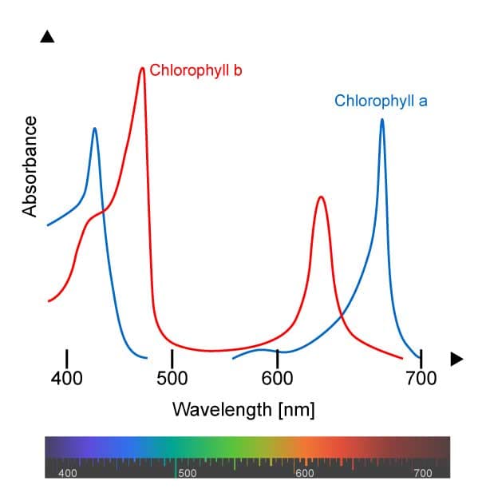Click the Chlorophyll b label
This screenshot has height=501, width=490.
[x=196, y=70]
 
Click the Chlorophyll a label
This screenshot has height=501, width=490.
[x=381, y=101]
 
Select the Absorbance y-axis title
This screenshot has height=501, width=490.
[x=31, y=166]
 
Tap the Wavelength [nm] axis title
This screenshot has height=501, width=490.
[x=244, y=410]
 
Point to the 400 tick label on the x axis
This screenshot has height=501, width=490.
[x=67, y=378]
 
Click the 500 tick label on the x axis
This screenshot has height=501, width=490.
[x=172, y=378]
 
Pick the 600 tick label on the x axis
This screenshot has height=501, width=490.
[x=277, y=378]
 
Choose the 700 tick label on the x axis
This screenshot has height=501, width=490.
[x=421, y=378]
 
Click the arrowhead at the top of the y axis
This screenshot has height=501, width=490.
[x=47, y=37]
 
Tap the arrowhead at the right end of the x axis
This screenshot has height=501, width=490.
[x=456, y=359]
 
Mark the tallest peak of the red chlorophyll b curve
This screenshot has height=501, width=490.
[x=142, y=69]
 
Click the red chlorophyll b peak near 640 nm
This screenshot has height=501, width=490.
[x=321, y=197]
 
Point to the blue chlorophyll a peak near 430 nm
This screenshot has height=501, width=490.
[x=95, y=129]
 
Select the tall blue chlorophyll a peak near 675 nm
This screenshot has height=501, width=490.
[x=382, y=121]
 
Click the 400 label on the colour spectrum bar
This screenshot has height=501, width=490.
[x=67, y=473]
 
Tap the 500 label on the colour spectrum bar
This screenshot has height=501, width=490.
[x=187, y=473]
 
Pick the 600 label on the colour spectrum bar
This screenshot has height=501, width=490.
[x=305, y=473]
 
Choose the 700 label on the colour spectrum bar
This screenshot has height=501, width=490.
[x=423, y=473]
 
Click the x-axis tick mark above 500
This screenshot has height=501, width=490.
[x=172, y=359]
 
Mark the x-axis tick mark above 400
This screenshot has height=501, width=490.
[x=67, y=359]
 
